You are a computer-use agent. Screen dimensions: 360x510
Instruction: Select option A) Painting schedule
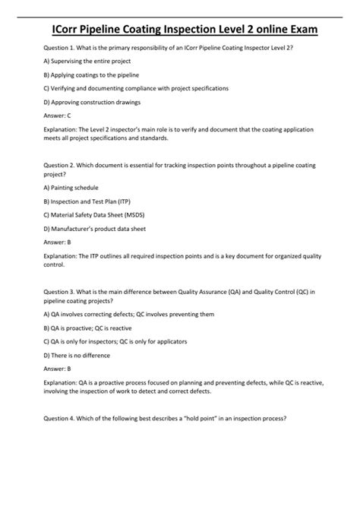(x=71, y=187)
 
